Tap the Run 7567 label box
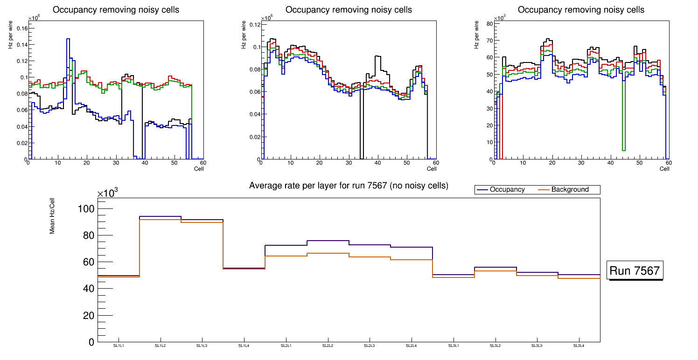point(635,270)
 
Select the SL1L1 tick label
point(119,346)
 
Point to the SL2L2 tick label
point(328,346)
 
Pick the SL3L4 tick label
point(579,346)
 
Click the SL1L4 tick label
point(244,346)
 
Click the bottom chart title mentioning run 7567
point(349,186)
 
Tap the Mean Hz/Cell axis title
point(53,219)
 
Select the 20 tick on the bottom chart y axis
point(89,315)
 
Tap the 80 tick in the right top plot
point(489,23)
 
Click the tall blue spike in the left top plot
point(68,40)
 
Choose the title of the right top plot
point(581,10)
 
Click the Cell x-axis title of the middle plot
point(431,168)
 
